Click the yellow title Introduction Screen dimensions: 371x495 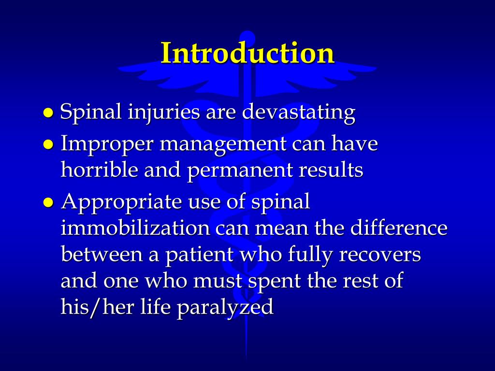247,53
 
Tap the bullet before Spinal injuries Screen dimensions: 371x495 48,113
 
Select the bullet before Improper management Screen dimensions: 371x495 48,144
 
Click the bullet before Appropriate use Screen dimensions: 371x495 48,202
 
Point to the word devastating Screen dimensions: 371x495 299,112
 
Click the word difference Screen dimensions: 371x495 399,228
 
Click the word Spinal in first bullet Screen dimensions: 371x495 91,113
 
